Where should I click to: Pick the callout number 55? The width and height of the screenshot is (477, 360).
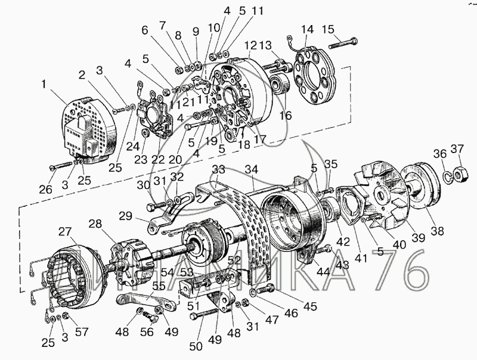tap(159, 285)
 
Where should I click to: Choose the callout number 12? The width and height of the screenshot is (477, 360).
tap(250, 46)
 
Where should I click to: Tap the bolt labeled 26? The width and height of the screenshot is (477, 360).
tap(61, 166)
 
